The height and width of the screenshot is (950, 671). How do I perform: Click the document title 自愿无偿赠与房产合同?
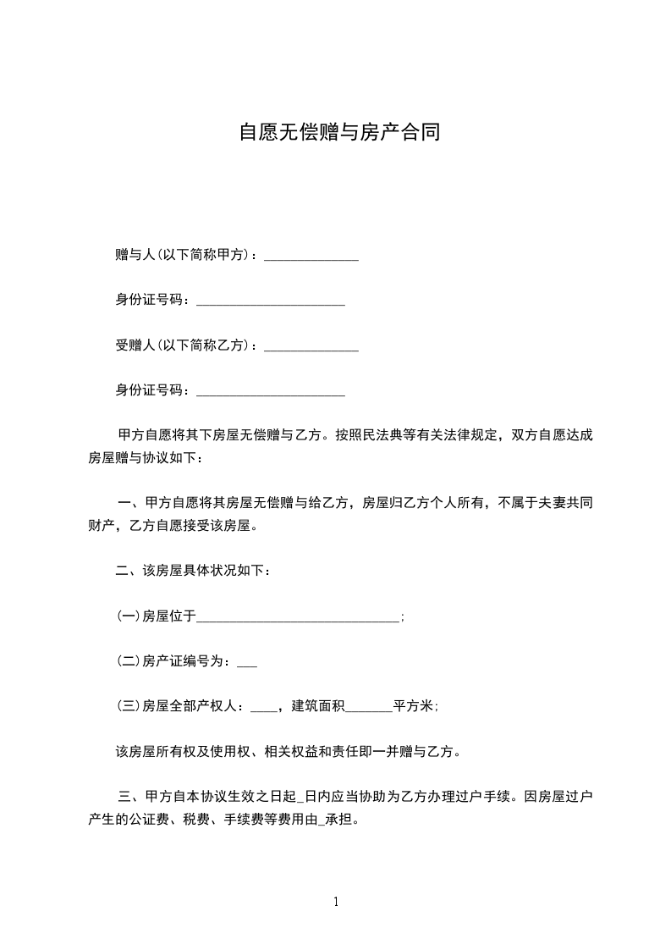coord(338,133)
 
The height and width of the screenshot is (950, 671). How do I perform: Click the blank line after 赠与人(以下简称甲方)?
coord(311,257)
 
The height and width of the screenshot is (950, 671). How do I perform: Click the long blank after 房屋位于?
coord(297,619)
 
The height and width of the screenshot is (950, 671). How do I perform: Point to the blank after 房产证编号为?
coord(247,664)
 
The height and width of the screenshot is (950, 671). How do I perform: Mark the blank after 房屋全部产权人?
coord(264,709)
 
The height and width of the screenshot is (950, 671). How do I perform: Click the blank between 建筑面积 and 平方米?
coord(369,709)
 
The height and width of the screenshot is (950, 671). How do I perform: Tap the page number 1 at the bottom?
coord(336,902)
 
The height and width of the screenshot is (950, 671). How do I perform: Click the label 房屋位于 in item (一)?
coord(169,617)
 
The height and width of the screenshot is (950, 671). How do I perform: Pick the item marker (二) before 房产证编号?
coord(128,662)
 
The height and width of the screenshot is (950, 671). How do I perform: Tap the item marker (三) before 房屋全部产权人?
coord(128,706)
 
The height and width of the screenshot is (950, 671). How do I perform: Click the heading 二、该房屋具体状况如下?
coord(193,572)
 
